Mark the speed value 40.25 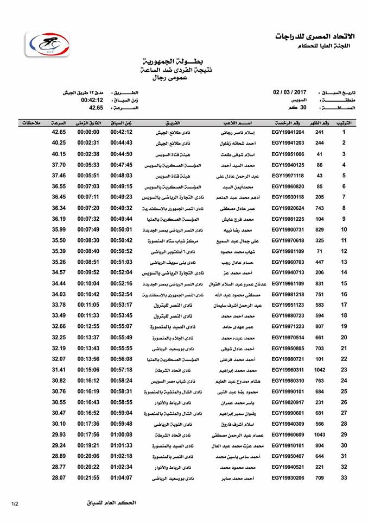59,142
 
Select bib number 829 319,229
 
